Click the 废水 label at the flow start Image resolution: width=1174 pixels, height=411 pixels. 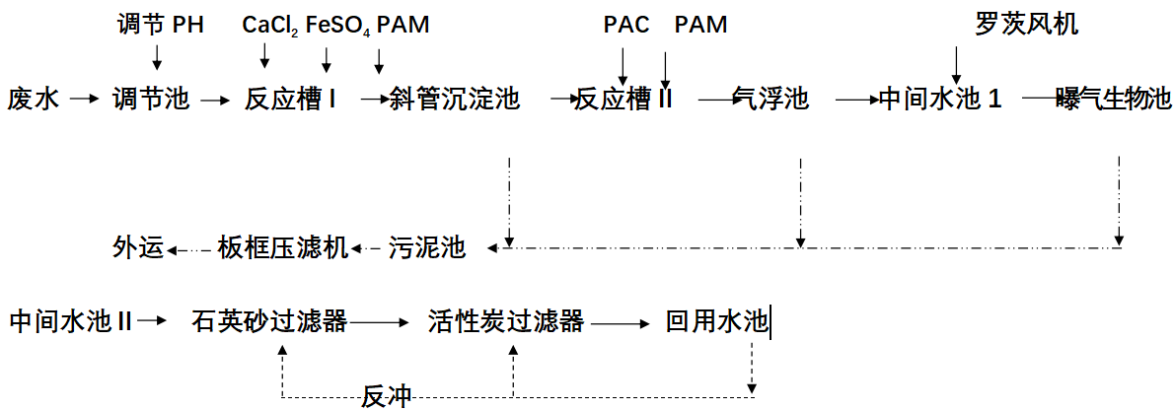(36, 100)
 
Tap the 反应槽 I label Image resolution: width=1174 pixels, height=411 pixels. (292, 100)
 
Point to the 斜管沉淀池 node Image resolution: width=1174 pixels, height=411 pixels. (455, 100)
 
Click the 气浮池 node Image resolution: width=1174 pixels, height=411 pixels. (771, 100)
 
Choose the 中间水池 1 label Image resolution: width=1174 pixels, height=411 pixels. (940, 100)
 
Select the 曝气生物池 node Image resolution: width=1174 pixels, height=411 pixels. (1113, 100)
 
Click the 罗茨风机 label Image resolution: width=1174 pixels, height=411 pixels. (1027, 25)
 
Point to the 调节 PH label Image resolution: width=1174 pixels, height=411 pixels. (160, 25)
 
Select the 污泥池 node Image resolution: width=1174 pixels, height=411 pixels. (426, 247)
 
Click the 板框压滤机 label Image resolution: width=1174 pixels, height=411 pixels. (282, 247)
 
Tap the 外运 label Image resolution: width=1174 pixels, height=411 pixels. (136, 247)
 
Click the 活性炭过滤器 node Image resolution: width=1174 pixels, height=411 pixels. (507, 321)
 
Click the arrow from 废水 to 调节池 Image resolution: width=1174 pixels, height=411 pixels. (84, 100)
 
